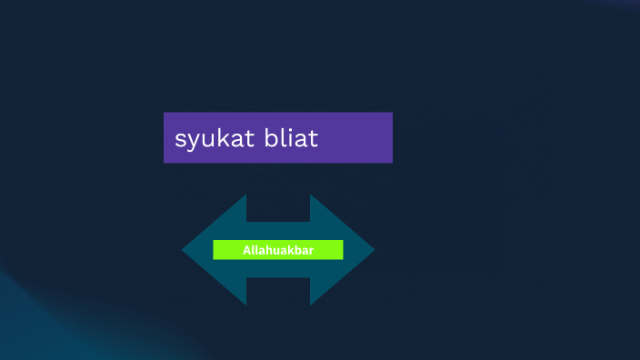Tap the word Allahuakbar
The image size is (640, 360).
coord(278,250)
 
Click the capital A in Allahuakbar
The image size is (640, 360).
coord(247,250)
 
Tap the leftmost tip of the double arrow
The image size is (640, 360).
coord(184,250)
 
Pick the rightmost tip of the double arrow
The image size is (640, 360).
coord(373,250)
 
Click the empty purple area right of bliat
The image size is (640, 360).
coord(359,138)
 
